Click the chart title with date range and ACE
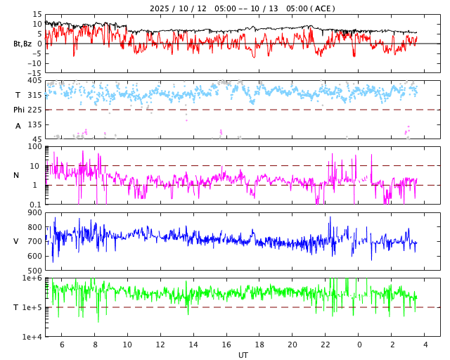243,8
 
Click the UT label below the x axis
243,355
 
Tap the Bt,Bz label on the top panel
22,44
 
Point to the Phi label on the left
19,110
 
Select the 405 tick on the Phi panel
34,81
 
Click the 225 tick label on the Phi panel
34,110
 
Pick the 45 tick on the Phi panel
37,139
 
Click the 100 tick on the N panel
34,147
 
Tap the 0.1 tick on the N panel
34,205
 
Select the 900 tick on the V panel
34,213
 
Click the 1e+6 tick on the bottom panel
32,279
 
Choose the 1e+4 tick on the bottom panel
32,337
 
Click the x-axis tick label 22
326,345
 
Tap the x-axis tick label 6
62,345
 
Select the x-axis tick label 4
425,345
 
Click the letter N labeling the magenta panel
16,176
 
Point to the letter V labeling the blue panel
16,242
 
